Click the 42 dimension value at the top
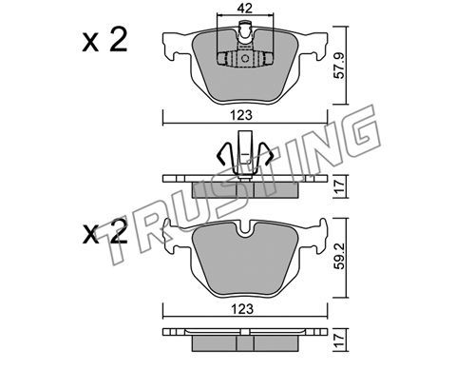[x=245, y=9]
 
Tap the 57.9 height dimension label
[x=339, y=66]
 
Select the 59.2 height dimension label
[x=339, y=257]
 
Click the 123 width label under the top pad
[x=241, y=115]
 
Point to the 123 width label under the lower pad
[x=242, y=309]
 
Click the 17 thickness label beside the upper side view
[x=339, y=186]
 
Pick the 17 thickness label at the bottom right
[x=339, y=341]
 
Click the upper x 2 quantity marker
[x=104, y=40]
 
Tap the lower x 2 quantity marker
[x=104, y=232]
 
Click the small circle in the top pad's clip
[x=245, y=59]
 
